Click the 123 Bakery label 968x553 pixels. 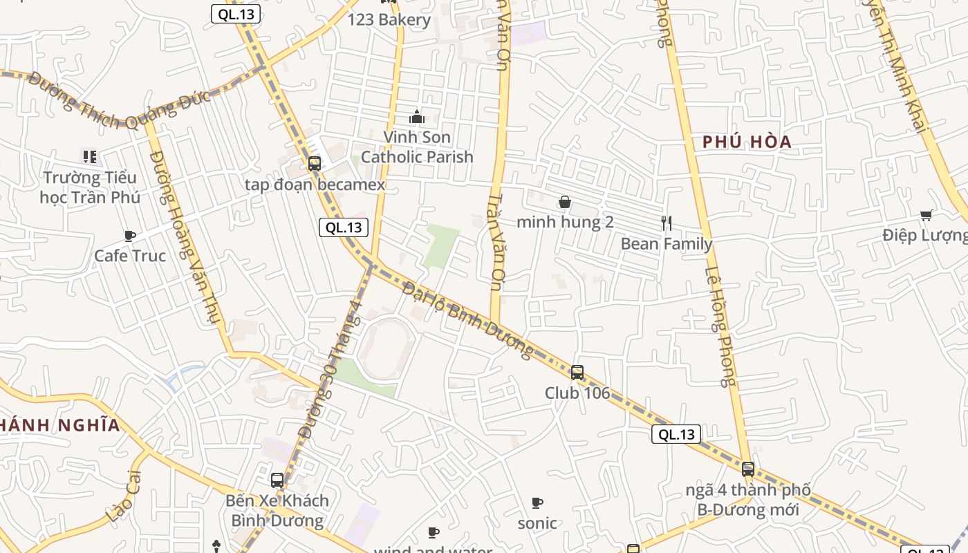pos(389,19)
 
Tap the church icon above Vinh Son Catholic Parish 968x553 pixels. pos(416,117)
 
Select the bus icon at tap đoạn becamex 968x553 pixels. pos(315,165)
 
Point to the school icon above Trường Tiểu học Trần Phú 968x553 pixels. pos(89,157)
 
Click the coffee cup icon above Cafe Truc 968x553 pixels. pos(129,236)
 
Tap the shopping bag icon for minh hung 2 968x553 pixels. pos(565,202)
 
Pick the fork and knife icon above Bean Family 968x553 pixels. pos(667,223)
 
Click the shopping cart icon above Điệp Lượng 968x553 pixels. pos(927,215)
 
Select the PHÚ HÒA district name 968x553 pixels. pos(747,142)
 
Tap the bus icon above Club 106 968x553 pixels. pos(577,373)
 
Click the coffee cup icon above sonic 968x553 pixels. pos(537,503)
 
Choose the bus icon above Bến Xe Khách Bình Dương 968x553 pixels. pos(277,480)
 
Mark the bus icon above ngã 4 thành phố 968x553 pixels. pos(747,469)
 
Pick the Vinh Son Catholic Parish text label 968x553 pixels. pos(417,147)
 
